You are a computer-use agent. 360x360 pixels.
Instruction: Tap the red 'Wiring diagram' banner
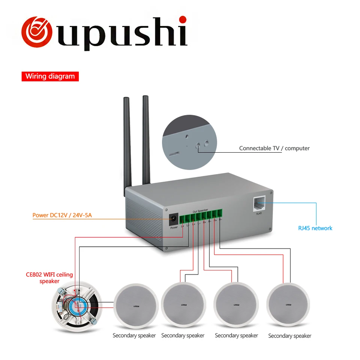50,76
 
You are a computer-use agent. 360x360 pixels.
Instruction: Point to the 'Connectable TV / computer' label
274,148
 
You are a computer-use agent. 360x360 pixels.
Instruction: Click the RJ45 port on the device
259,204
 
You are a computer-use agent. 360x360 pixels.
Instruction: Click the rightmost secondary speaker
289,304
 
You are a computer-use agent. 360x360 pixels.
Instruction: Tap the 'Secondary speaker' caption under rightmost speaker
289,336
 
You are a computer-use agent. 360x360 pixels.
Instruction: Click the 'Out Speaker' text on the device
201,211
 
